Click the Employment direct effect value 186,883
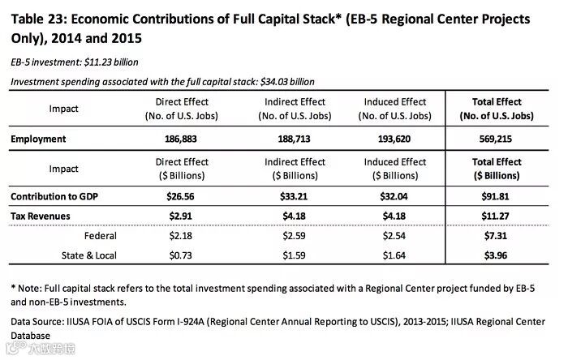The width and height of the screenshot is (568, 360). [x=182, y=139]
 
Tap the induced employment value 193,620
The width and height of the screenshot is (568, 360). [x=397, y=139]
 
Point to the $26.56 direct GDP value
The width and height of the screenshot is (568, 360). [x=182, y=197]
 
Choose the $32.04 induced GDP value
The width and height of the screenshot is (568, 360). [x=397, y=197]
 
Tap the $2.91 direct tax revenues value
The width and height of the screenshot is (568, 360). [x=182, y=216]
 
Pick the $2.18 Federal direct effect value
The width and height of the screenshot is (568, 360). [x=182, y=236]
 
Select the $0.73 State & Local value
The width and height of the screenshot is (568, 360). [x=182, y=255]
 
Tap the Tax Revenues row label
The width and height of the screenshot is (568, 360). [x=40, y=216]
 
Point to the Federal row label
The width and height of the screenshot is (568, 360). [x=101, y=236]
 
